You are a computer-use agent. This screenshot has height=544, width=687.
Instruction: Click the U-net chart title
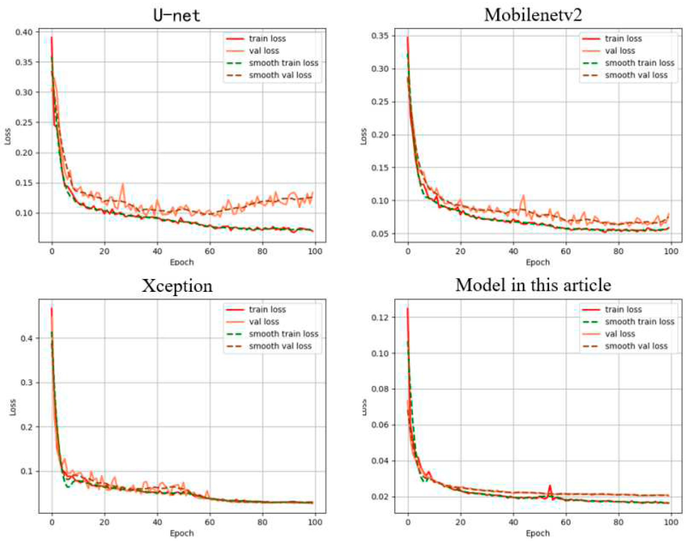point(176,15)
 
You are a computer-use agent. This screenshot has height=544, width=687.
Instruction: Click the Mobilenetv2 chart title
point(533,15)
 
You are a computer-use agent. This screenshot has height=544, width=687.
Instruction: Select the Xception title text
point(177,286)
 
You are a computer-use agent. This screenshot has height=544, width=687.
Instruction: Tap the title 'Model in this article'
point(533,285)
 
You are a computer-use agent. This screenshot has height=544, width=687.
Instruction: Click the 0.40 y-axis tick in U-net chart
point(24,32)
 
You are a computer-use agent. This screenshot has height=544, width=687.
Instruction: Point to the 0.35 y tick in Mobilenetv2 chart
point(380,36)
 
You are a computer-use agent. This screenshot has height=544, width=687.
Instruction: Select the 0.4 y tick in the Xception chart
point(26,338)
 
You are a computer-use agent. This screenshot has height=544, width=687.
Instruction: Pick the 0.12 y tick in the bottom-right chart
point(380,317)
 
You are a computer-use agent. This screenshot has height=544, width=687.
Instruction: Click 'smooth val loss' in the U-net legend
point(280,75)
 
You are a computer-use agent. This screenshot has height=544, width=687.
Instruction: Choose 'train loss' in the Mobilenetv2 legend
point(623,39)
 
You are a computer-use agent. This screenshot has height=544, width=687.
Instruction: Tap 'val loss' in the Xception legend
point(264,322)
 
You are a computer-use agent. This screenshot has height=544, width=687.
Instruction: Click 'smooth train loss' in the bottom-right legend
point(639,322)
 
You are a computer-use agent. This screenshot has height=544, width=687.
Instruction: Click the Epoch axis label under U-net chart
point(182,262)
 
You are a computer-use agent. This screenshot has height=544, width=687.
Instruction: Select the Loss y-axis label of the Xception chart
point(13,407)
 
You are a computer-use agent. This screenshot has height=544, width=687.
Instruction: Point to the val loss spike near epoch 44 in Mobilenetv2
point(523,196)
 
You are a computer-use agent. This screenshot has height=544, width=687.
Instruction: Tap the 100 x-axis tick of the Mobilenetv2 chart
point(671,251)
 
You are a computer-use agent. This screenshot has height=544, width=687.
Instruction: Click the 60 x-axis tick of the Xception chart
point(210,522)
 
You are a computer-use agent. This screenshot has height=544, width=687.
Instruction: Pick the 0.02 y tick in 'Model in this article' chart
point(380,497)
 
